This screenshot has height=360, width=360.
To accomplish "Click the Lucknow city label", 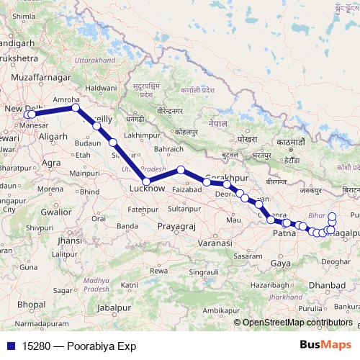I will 147,189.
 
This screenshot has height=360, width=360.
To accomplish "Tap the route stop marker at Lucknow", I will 146,181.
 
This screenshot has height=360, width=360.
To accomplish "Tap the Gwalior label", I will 55,212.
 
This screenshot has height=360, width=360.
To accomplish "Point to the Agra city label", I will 51,163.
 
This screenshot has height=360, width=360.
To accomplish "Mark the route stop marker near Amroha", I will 75,108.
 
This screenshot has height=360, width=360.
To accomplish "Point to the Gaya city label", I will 282,264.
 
